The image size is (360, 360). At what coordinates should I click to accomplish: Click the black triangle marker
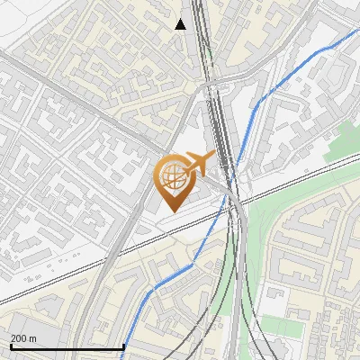click(x=181, y=24)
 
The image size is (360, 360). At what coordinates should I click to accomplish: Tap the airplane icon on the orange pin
click(x=198, y=163)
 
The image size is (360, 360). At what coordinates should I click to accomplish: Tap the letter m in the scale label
click(x=33, y=338)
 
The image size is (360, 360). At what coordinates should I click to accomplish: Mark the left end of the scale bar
click(x=10, y=346)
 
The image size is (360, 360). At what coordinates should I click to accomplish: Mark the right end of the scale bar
click(x=123, y=346)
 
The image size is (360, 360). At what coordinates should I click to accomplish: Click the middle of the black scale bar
click(x=67, y=346)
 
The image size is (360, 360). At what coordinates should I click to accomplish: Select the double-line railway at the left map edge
click(x=4, y=301)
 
